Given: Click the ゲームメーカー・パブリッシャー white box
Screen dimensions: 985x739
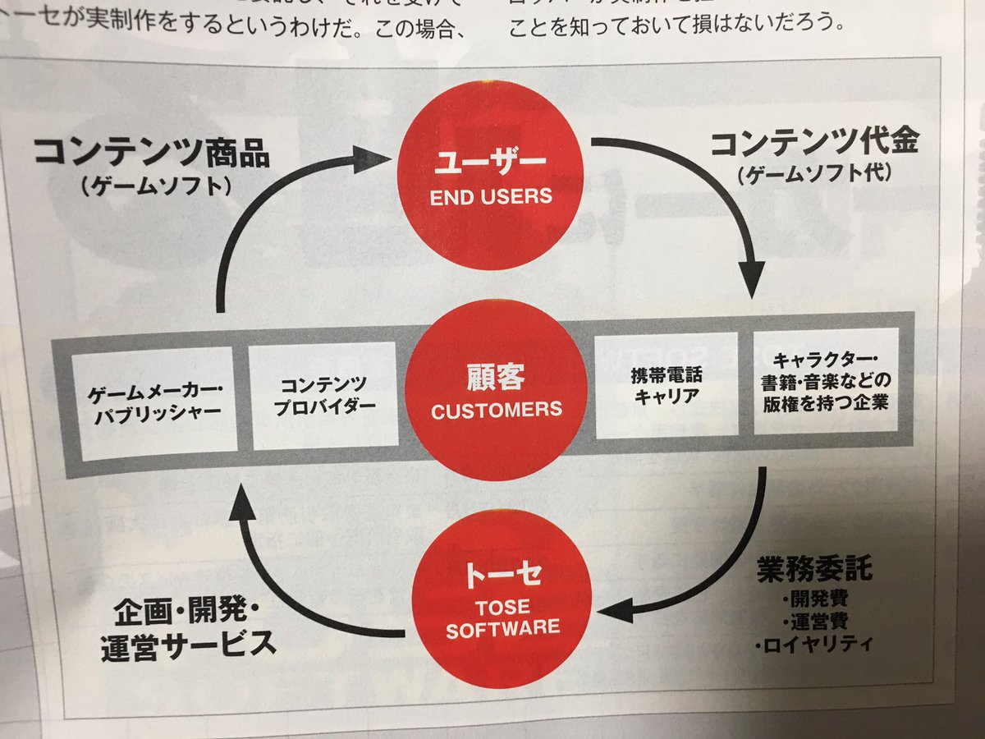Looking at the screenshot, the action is click(154, 402).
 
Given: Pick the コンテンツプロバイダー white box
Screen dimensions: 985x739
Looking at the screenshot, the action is click(323, 395).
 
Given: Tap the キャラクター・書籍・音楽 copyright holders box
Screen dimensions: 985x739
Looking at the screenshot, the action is click(826, 380).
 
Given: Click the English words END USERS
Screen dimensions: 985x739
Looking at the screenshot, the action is click(491, 196).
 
